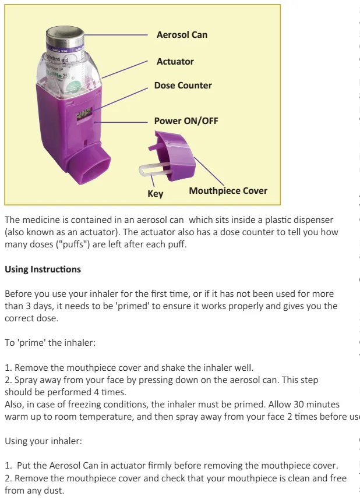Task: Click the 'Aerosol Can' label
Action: click(182, 35)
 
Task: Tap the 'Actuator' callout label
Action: click(175, 62)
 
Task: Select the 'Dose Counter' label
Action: click(183, 86)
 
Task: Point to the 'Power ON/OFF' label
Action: click(186, 121)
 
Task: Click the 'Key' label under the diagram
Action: click(156, 194)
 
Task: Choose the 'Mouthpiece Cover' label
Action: click(228, 190)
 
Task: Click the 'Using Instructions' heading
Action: click(43, 269)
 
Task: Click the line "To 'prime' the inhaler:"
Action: click(50, 343)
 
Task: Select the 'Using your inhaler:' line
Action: click(43, 441)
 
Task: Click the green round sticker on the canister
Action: click(75, 87)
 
